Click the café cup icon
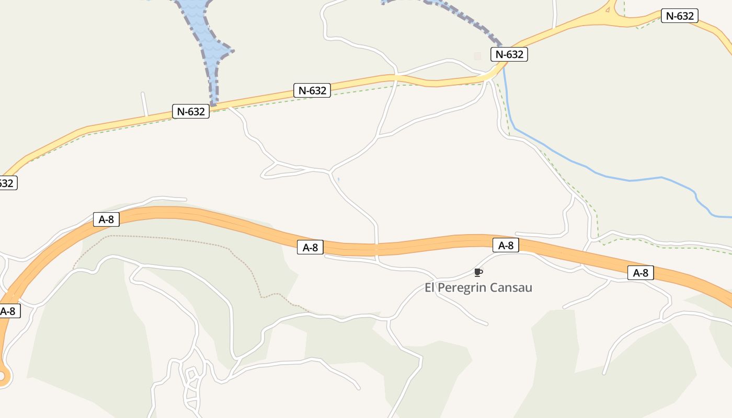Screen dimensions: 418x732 point(478,272)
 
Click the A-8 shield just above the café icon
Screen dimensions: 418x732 point(506,245)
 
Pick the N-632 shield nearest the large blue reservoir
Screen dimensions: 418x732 point(191,111)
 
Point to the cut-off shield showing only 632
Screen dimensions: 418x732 point(7,183)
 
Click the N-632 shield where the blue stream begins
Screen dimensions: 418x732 point(509,54)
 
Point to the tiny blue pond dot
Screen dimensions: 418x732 point(338,180)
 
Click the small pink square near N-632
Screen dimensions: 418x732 point(477,55)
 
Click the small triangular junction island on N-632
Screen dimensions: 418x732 point(608,9)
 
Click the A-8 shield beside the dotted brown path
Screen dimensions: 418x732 point(106,219)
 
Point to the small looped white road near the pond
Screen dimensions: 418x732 point(277,169)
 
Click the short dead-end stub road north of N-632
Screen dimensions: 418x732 point(144,103)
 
